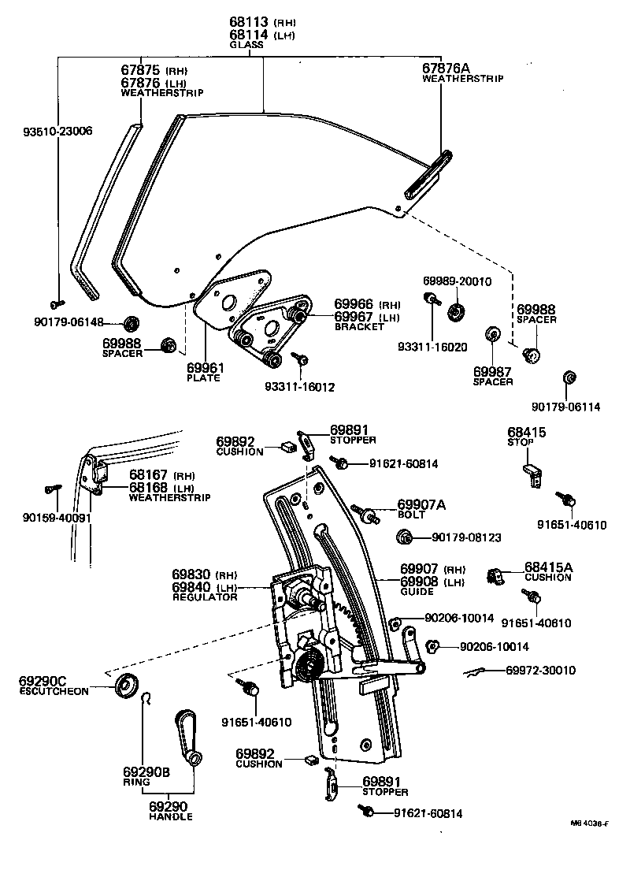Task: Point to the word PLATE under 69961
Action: click(x=203, y=378)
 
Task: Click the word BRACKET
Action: click(x=359, y=326)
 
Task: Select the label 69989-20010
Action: click(x=457, y=281)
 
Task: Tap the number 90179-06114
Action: click(x=565, y=407)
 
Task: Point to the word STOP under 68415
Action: click(x=521, y=443)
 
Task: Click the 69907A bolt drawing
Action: click(x=365, y=513)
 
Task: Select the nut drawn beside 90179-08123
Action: click(x=404, y=537)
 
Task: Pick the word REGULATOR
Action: click(x=205, y=597)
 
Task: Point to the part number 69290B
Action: click(x=146, y=772)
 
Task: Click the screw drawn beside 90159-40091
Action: click(x=54, y=489)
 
